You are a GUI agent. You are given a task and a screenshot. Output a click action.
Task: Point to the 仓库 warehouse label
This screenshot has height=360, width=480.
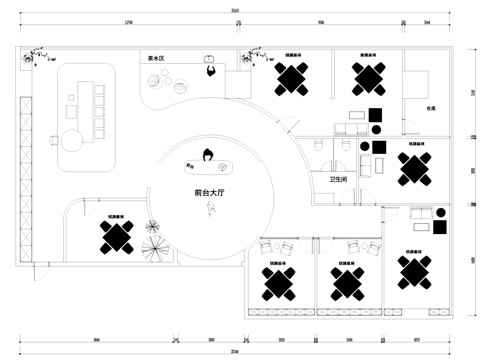pos(431,107)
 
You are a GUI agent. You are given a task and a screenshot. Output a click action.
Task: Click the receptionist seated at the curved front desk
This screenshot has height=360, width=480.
pos(208,155)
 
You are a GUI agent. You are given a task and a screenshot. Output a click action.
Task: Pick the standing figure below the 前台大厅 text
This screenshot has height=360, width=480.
pos(211,207)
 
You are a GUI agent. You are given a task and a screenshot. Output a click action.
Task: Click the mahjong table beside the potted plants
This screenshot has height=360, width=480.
pos(117,236)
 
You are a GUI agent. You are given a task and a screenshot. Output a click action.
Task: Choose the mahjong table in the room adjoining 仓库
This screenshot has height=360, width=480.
pos(369,77)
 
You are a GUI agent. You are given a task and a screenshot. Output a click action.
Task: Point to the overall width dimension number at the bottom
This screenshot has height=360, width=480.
pos(235,351)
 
